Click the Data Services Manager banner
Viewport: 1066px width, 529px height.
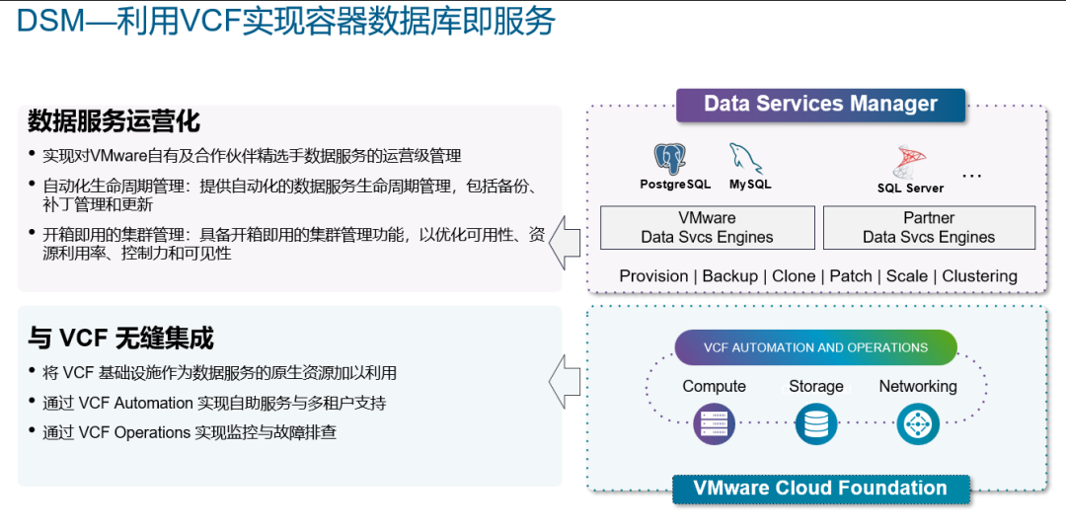[820, 105]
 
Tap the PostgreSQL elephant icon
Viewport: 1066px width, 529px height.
[670, 159]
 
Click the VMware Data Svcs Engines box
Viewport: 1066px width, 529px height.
[707, 227]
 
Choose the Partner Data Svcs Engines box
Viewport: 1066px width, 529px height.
[928, 227]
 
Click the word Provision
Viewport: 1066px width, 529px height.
[653, 276]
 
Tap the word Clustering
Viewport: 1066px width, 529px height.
[979, 276]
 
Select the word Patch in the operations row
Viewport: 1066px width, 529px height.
[851, 276]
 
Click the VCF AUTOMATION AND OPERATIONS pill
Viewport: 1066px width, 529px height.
[815, 347]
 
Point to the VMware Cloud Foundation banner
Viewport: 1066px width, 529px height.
[820, 489]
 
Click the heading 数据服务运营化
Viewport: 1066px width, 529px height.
[114, 121]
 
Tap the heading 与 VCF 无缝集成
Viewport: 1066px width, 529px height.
[120, 339]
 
